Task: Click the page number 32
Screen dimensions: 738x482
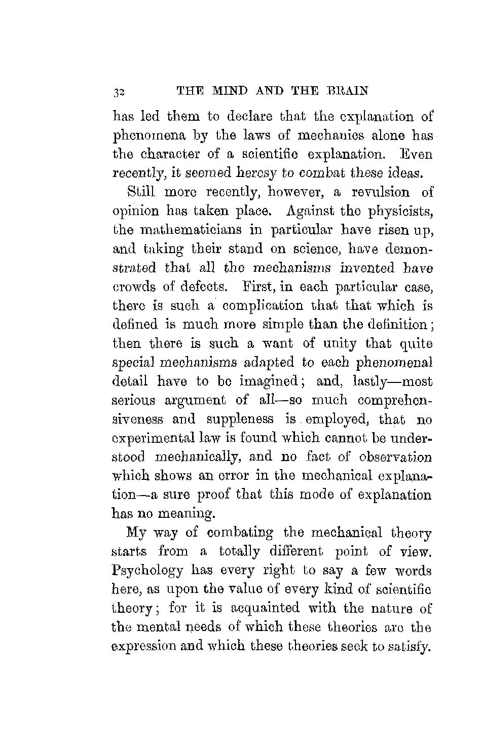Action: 120,92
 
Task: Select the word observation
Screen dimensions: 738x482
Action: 395,457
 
